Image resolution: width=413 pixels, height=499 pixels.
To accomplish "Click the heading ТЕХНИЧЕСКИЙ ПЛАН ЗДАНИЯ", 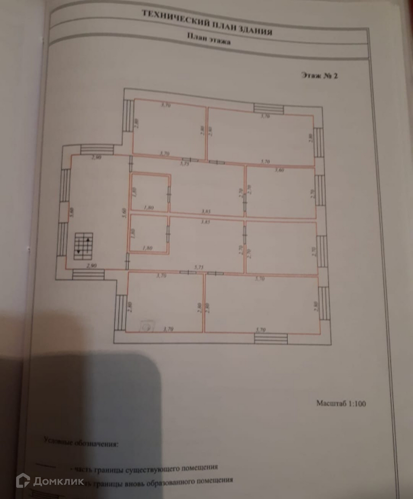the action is tap(207, 23).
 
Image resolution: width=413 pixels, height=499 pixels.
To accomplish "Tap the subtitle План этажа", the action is tap(209, 39).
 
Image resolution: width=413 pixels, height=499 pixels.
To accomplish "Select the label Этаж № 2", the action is tap(318, 76).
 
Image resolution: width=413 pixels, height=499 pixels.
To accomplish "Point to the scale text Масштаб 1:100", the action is tap(341, 403).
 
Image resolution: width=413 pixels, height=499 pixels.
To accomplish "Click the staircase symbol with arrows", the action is tap(84, 246).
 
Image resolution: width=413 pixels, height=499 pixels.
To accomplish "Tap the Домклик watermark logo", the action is tap(50, 481).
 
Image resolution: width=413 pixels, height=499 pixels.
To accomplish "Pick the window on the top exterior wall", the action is tap(268, 109).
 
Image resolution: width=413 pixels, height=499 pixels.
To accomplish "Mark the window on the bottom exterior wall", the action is tap(271, 339).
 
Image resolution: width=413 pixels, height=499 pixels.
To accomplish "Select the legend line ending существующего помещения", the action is tap(145, 468).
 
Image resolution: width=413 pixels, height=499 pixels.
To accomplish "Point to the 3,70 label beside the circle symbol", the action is tap(169, 329).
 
